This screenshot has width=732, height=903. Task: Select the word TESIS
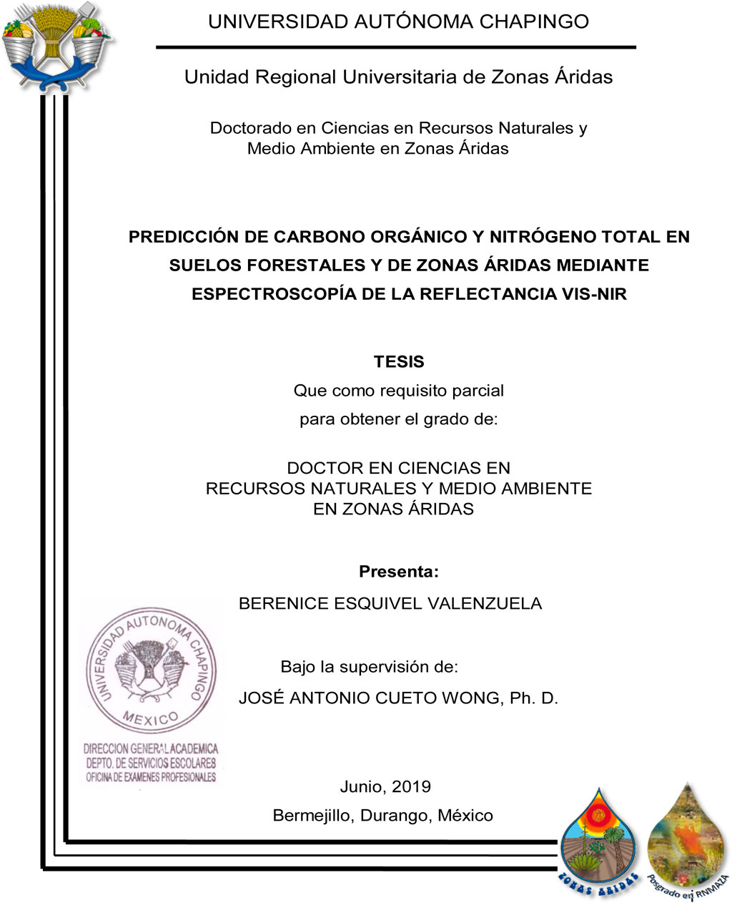[x=399, y=361]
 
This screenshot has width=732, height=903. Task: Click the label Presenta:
[x=398, y=572]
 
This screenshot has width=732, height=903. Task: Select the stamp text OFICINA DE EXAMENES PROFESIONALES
[x=151, y=777]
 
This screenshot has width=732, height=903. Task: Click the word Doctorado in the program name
[x=251, y=128]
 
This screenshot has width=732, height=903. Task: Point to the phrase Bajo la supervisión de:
[x=369, y=667]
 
